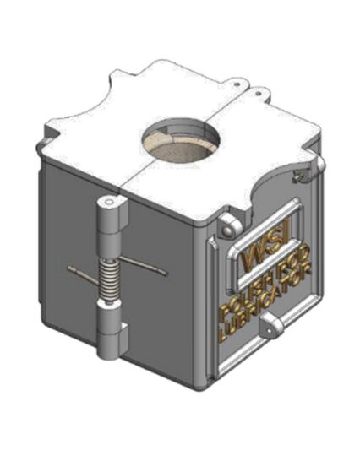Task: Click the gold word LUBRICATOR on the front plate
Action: (x=265, y=306)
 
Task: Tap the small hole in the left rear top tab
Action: (x=237, y=85)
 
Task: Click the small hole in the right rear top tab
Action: (x=258, y=93)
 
